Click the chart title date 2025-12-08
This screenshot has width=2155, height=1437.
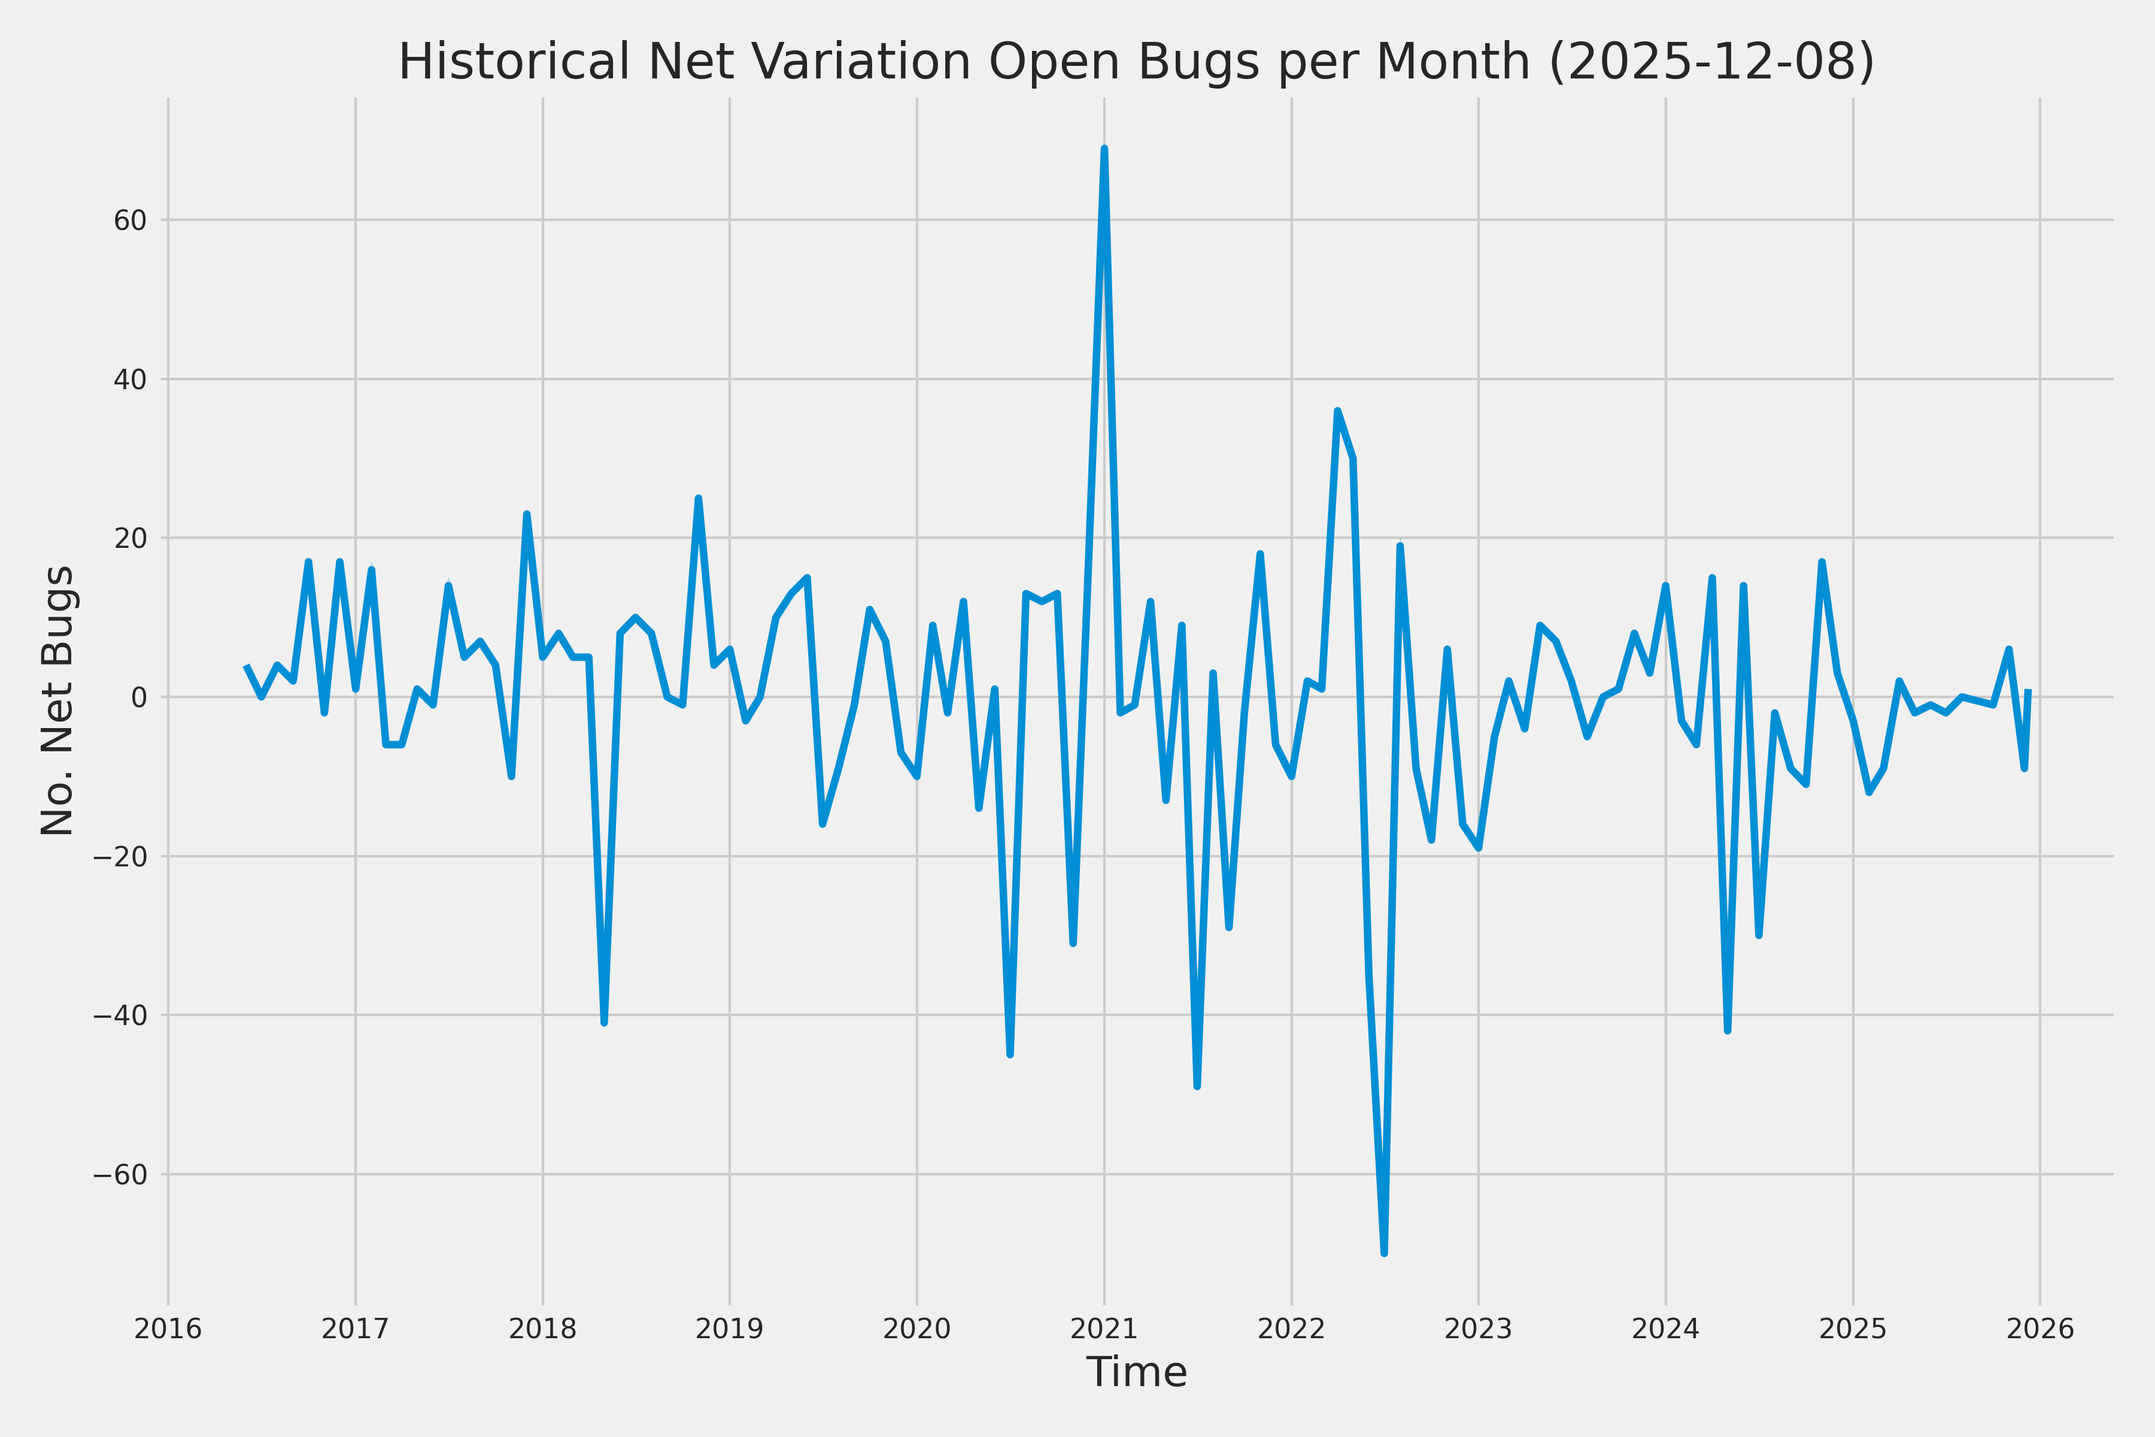tap(1711, 62)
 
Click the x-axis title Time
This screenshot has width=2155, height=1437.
tap(1136, 1372)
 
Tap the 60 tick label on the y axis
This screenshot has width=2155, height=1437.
tap(130, 221)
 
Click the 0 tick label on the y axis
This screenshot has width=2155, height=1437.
tap(139, 698)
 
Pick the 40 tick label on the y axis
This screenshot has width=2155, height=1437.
tap(130, 380)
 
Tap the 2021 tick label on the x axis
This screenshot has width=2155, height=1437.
tap(1104, 1329)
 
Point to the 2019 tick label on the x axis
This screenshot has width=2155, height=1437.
tap(729, 1329)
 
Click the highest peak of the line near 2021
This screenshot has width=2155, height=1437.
tap(1104, 148)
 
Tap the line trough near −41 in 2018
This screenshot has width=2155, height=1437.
tap(605, 1023)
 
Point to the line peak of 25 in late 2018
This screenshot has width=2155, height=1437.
tap(698, 499)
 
